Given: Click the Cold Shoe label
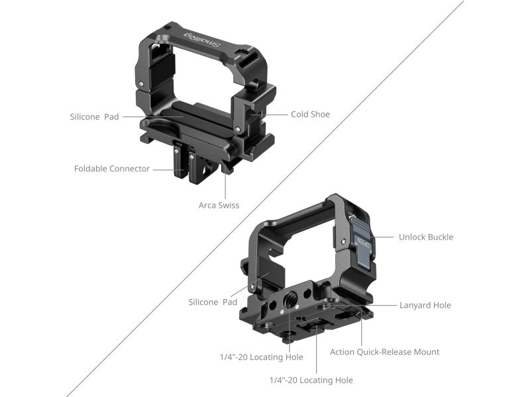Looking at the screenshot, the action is click(310, 114).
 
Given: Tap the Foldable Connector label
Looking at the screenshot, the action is click(112, 169).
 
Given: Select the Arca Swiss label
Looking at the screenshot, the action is click(219, 205).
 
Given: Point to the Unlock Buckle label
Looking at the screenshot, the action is click(426, 237).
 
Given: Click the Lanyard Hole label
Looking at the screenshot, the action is click(425, 305).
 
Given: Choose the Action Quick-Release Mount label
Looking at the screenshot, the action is click(385, 352).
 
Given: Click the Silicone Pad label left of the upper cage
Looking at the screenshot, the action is click(94, 117).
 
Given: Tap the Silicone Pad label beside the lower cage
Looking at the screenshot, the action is click(213, 302).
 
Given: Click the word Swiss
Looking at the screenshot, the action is click(228, 205).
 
